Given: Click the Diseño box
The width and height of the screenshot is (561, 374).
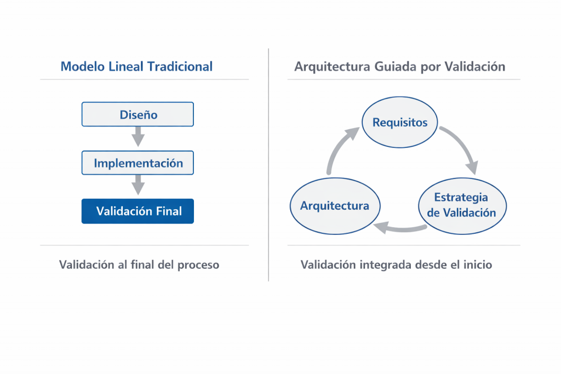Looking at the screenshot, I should (x=138, y=114).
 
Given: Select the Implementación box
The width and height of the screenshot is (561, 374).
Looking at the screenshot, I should (x=138, y=163).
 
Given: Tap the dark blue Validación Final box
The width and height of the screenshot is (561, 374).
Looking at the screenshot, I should (x=138, y=211).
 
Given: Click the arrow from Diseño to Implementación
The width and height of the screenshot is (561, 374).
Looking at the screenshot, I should (x=138, y=136).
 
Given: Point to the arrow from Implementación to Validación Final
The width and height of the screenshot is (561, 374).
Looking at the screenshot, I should (x=138, y=185).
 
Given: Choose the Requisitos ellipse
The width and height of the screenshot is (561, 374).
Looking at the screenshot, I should (x=400, y=122).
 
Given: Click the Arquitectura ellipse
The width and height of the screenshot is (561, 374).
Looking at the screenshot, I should (x=335, y=206).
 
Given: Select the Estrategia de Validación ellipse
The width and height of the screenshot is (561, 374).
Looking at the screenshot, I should (x=462, y=205).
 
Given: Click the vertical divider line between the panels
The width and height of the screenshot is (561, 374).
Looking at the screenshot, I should (x=268, y=164).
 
